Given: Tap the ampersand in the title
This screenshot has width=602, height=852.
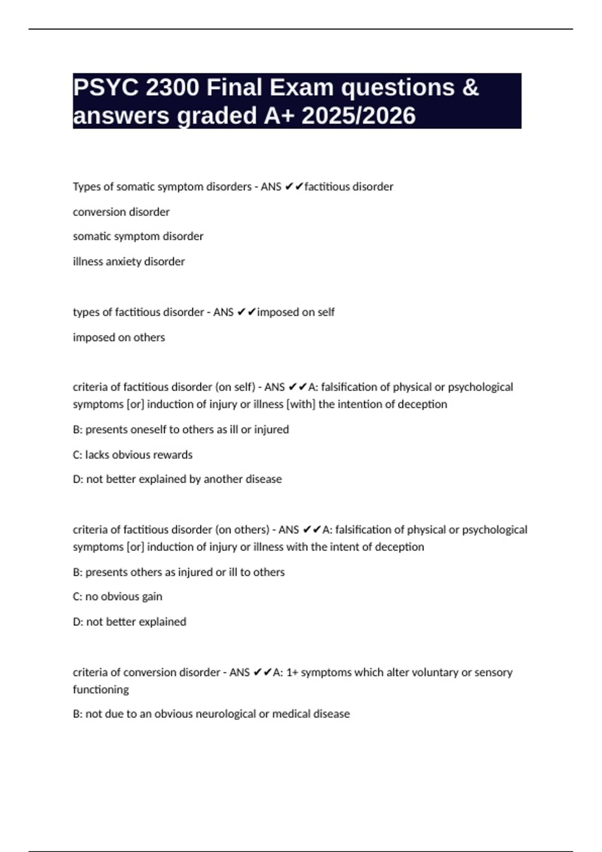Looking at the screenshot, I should tap(470, 88).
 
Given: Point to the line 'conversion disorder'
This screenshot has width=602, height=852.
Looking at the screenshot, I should tap(121, 212).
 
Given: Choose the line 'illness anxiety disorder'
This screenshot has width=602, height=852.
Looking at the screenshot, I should tap(128, 262).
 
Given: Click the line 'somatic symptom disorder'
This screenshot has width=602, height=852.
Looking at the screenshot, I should tap(138, 236).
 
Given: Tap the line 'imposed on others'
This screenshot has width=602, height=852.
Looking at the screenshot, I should tap(118, 337).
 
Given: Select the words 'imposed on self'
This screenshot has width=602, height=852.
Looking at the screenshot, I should tap(295, 312).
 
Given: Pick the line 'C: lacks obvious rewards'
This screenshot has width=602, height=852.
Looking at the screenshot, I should tap(132, 455).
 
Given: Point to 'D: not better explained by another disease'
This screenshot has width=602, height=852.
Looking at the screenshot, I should tap(177, 479).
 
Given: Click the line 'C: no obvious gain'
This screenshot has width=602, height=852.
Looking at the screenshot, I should tap(117, 596).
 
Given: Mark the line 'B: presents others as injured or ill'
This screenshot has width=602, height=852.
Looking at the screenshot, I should tap(179, 572).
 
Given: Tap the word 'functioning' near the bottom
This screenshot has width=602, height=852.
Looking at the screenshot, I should tap(100, 690).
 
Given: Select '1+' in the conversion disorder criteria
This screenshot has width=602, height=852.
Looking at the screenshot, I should tap(291, 673).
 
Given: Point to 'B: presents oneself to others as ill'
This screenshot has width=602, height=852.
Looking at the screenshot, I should tap(181, 430).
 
